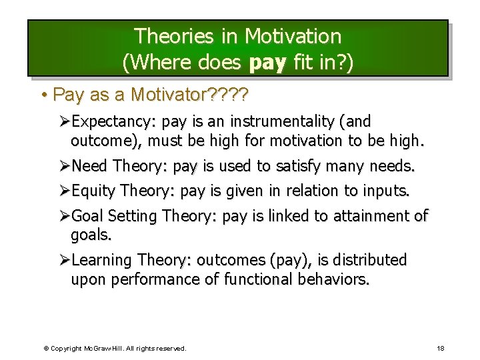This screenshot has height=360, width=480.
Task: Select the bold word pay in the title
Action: pos(267,63)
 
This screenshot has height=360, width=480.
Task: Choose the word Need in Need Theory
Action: pos(90,165)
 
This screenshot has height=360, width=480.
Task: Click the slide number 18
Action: pos(440,348)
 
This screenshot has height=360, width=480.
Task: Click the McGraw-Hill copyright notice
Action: pos(115,348)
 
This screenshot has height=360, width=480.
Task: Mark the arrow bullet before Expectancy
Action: pos(64,122)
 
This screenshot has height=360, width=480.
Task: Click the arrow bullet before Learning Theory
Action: pos(64,260)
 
